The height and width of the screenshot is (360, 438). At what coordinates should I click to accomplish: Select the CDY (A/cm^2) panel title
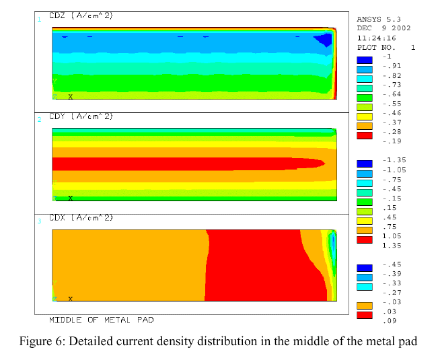[x=81, y=117]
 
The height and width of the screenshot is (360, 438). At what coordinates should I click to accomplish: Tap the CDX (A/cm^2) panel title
[x=81, y=218]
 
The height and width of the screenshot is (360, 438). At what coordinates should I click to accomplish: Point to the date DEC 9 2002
[x=384, y=29]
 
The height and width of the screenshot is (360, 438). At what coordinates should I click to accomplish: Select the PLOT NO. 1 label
[x=386, y=48]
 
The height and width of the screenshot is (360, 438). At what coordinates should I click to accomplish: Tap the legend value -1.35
[x=393, y=160]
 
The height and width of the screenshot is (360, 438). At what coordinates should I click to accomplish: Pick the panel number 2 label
[x=39, y=119]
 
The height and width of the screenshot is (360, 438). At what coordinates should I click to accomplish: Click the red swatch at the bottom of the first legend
[x=364, y=135]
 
